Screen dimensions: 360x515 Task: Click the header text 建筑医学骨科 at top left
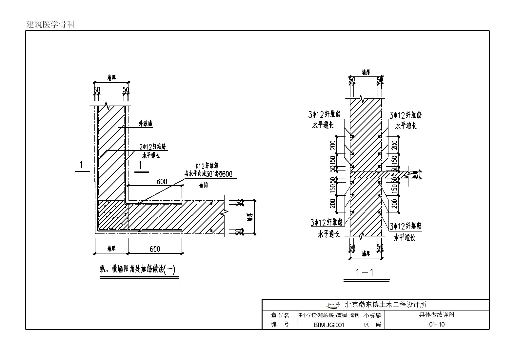(51, 25)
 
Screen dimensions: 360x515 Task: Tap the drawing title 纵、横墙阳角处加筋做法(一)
(138, 270)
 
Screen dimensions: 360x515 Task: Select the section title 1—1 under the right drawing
(365, 272)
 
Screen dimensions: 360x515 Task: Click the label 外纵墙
(146, 124)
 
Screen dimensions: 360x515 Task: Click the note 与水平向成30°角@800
(210, 174)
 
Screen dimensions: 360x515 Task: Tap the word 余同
(203, 185)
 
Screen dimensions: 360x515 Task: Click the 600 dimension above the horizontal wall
(162, 181)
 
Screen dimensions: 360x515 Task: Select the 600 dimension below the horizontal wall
(155, 249)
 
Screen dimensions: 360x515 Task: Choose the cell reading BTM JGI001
(329, 325)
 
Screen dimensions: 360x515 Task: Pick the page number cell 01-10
(437, 325)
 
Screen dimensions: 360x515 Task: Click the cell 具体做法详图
(437, 315)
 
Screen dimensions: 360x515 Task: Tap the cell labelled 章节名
(280, 315)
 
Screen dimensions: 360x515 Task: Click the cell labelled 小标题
(372, 315)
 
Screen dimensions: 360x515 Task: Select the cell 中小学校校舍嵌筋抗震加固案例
(329, 315)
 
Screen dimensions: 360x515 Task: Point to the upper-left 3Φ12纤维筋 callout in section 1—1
(325, 114)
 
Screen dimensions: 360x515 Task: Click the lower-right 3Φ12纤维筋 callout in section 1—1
(406, 226)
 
